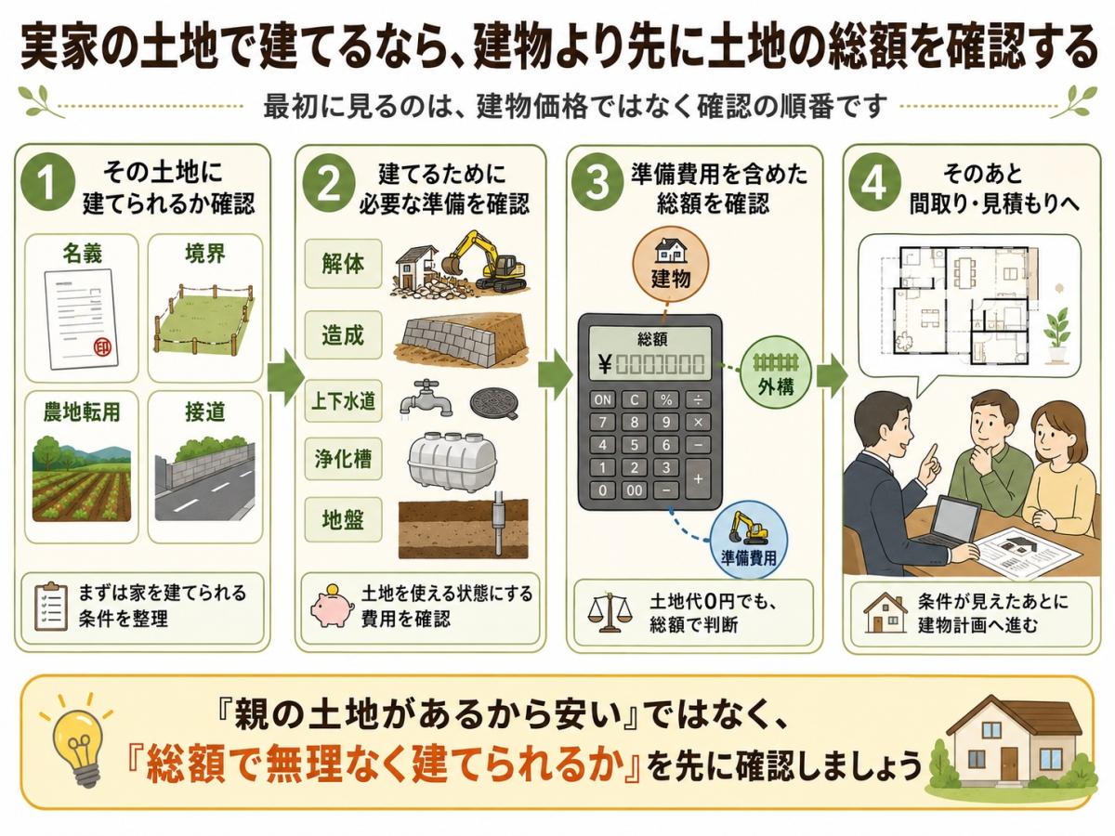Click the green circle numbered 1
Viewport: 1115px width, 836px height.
coord(48,182)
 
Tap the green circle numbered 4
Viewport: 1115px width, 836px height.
coord(873,182)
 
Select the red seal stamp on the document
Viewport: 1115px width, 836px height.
coord(103,347)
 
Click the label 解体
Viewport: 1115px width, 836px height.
coord(343,265)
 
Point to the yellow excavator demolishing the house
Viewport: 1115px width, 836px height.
coord(485,263)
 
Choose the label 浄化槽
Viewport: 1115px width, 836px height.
coord(343,459)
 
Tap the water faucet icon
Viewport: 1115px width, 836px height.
coord(426,399)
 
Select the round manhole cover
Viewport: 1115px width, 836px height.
coord(494,402)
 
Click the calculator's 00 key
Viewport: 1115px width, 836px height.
coord(634,490)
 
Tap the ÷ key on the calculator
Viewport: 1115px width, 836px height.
coord(698,400)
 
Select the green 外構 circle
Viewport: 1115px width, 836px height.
coord(775,374)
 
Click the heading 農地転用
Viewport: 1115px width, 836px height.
coord(82,412)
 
